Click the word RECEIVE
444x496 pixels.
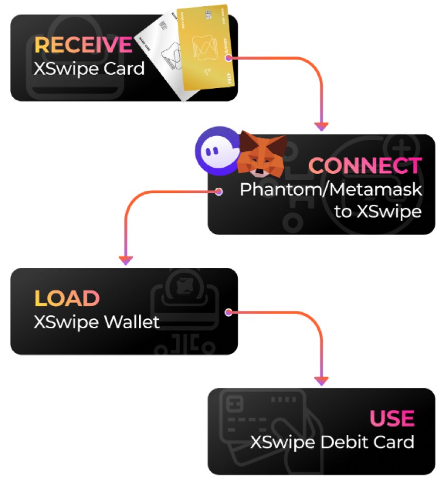coord(82,45)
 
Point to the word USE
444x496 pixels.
coord(391,418)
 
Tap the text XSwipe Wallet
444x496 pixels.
coord(96,322)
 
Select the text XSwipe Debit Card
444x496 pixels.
coord(332,441)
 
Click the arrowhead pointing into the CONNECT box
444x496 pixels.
coord(321,126)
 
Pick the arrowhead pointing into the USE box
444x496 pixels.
coord(321,381)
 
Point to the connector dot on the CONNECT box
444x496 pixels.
coord(219,192)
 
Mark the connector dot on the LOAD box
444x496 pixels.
coord(228,312)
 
